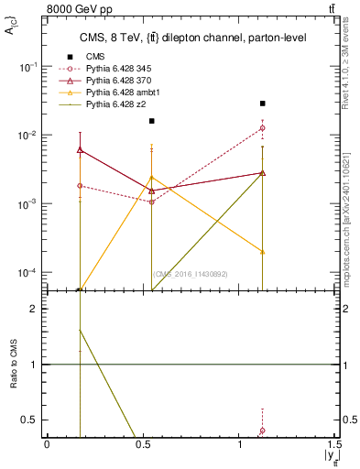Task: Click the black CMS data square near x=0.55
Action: point(152,121)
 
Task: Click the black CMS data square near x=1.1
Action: point(263,104)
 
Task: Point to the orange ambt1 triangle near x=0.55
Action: point(152,177)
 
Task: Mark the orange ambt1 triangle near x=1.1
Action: point(263,251)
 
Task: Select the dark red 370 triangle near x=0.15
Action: point(80,149)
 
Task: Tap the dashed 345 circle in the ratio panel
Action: point(263,431)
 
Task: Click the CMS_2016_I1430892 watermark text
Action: point(190,274)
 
